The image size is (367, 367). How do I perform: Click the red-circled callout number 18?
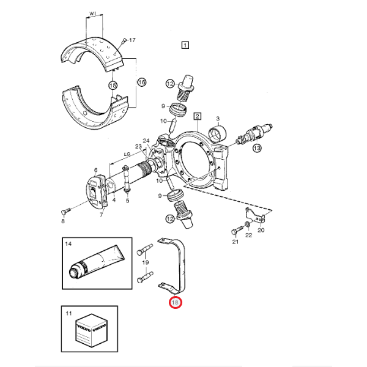[176, 302]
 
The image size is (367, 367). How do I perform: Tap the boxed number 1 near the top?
[185, 44]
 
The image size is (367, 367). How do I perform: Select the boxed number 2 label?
[197, 116]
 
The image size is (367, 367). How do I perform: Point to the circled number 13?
[256, 148]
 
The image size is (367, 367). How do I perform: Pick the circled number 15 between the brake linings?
[113, 86]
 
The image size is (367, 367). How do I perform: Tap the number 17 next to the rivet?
[133, 41]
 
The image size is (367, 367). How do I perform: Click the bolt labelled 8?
[65, 211]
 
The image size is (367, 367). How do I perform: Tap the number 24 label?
[146, 141]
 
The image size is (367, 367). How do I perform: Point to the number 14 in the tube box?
[69, 244]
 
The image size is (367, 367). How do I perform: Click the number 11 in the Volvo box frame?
[69, 314]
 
